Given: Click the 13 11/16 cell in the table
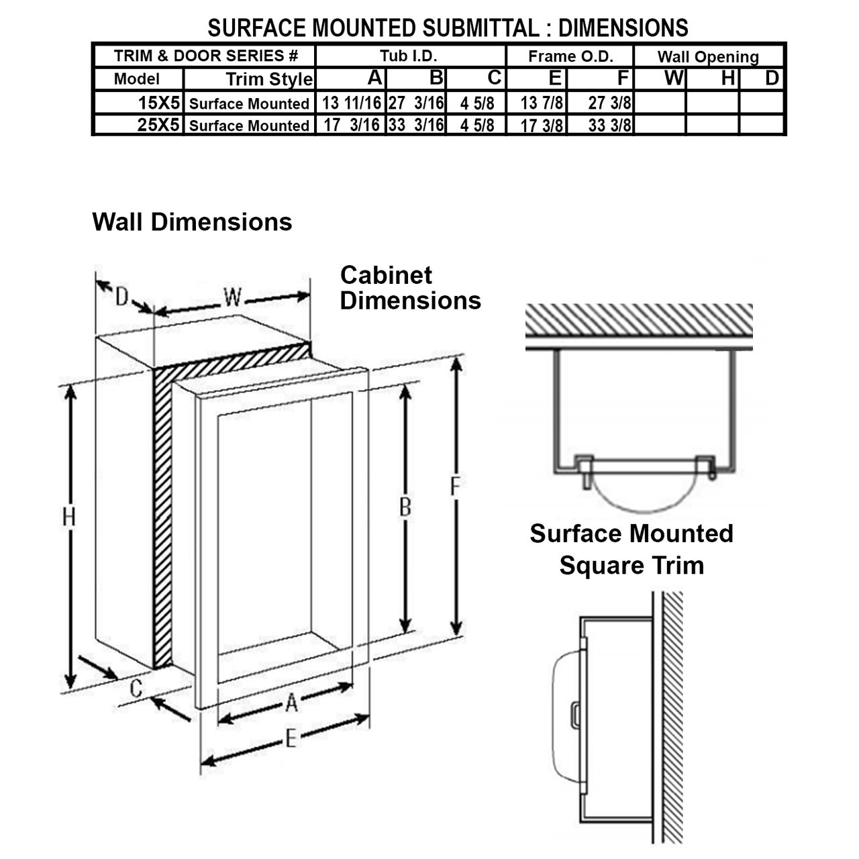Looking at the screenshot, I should [x=351, y=103].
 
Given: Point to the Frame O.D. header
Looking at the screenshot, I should [x=570, y=56].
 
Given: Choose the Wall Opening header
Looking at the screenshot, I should [x=708, y=57].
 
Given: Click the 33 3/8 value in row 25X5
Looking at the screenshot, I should [x=609, y=125].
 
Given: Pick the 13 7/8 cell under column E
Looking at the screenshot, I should [x=542, y=103].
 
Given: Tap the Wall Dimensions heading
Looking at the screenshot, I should [x=192, y=222].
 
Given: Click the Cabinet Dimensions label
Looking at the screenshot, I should [x=409, y=288].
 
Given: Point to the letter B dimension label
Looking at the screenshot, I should [x=405, y=507].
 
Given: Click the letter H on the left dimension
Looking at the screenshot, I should [x=68, y=517].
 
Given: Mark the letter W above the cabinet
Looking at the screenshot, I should [x=232, y=297].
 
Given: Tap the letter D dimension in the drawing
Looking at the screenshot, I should [x=121, y=296].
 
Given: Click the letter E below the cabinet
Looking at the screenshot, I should [x=291, y=739].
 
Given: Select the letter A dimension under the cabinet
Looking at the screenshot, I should [x=291, y=703].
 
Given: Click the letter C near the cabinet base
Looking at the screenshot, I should [x=136, y=689].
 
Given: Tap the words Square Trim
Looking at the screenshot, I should [x=631, y=565].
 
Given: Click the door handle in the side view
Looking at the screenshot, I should [x=574, y=714].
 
